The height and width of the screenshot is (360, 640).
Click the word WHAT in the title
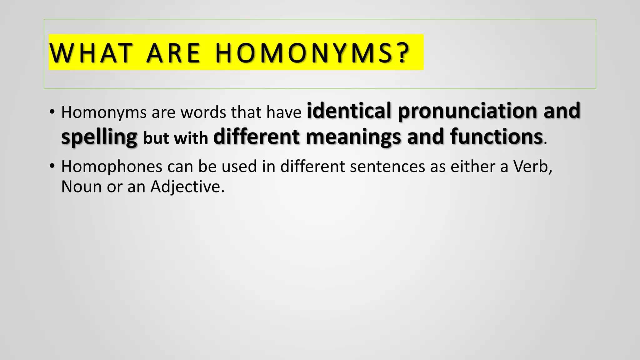coord(91,53)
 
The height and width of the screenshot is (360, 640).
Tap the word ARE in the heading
coord(173,53)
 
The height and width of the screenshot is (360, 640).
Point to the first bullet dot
coord(52,112)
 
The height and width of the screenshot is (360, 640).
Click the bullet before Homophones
coord(52,166)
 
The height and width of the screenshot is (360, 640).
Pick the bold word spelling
coord(99,137)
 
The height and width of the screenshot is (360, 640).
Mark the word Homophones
coord(112,166)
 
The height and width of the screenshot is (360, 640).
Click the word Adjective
coord(187,187)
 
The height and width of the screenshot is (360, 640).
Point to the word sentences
coord(387,166)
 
